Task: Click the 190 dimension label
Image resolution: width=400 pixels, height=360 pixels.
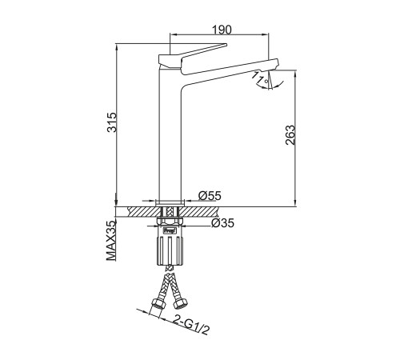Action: (x=222, y=30)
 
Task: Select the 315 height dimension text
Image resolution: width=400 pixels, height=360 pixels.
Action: (x=112, y=122)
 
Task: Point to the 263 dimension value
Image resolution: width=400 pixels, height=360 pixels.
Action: (x=290, y=135)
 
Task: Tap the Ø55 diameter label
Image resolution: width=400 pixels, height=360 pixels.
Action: (x=210, y=196)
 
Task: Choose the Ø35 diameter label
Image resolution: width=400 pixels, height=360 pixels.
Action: (x=222, y=223)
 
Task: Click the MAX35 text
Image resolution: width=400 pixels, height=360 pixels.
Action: (x=111, y=241)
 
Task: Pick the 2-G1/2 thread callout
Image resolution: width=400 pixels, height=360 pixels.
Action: (x=191, y=325)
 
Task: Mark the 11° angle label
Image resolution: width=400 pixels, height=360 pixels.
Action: (x=260, y=77)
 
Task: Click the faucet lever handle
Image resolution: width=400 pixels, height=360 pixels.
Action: (x=193, y=54)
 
